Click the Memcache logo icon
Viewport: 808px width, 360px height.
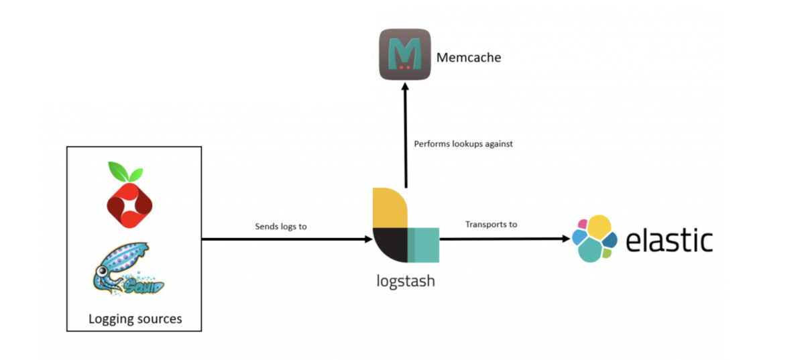(x=404, y=54)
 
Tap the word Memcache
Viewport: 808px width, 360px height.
(x=468, y=58)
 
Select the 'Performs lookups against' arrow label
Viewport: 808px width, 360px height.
(x=463, y=143)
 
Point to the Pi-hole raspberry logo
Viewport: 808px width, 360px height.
(x=129, y=201)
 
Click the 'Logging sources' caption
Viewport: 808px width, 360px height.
(x=135, y=318)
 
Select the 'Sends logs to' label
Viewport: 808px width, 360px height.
(x=280, y=227)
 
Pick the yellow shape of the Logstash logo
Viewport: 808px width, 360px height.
(x=390, y=208)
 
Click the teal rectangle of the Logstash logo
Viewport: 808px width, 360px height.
(x=424, y=245)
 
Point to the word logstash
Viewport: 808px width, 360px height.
(x=405, y=281)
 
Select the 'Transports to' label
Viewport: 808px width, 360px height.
(x=491, y=224)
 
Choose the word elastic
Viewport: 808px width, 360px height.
(x=669, y=240)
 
